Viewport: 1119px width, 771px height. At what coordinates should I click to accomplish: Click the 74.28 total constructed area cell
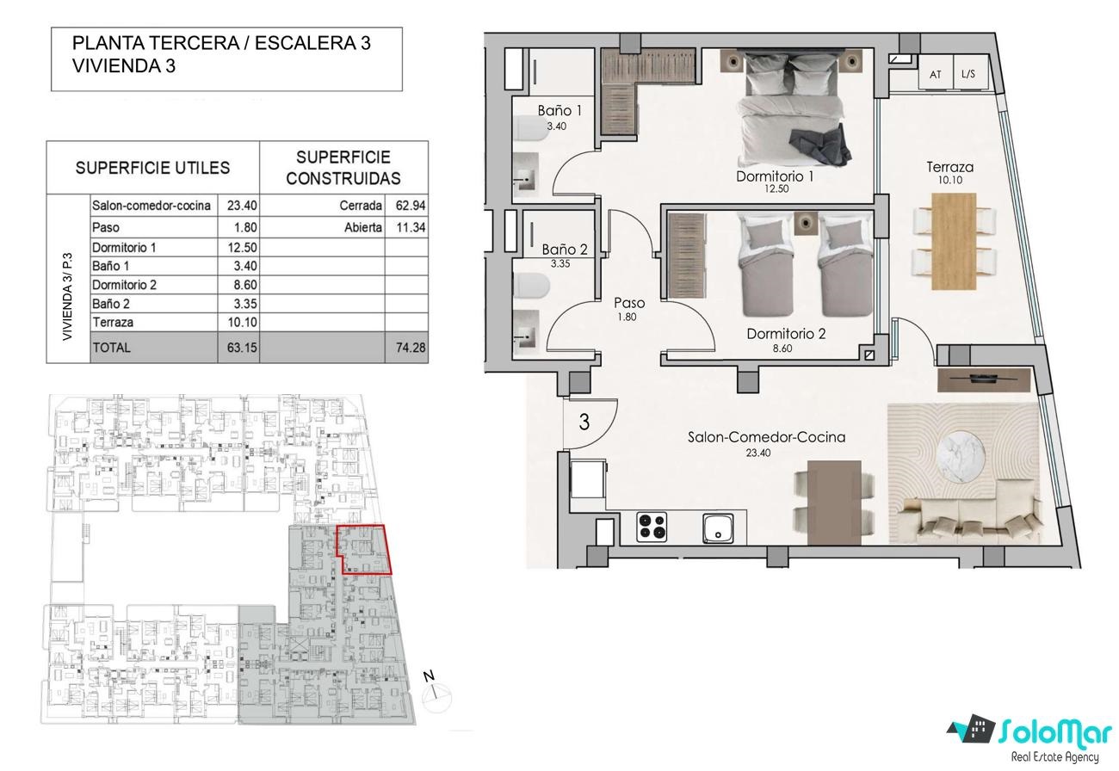coord(410,348)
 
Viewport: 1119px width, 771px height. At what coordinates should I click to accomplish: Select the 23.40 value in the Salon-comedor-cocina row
coord(242,206)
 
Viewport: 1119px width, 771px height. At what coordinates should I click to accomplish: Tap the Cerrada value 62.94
coord(410,206)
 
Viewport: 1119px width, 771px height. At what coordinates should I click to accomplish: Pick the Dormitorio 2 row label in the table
coord(124,285)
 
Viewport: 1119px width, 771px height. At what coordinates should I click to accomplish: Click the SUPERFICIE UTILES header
coord(152,168)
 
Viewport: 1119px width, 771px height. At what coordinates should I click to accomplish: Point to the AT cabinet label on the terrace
coord(935,74)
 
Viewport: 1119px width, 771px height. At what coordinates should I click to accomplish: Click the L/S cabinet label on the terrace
coord(968,74)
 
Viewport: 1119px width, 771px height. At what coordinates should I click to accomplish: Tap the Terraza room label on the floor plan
coord(949,167)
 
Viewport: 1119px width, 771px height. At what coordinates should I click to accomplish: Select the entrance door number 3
coord(584,422)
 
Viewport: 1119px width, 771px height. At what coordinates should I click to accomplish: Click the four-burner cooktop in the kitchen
coord(652,527)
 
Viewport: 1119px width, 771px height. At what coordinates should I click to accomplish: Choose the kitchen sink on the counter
coord(719,528)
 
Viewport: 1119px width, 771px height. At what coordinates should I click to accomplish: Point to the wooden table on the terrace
coord(954,242)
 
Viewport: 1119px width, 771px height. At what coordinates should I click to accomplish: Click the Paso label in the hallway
coord(629,303)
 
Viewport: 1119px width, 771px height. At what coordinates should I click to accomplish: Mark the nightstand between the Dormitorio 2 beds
coord(806,222)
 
